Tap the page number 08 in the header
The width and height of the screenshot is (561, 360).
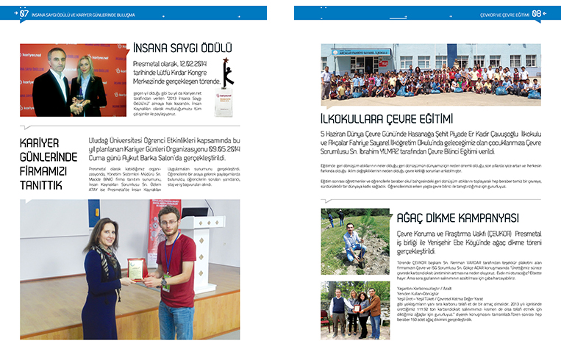point(537,13)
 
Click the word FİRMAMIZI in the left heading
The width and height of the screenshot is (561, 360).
point(45,170)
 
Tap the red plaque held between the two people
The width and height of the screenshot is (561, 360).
point(136,269)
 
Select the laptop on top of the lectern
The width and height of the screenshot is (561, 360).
point(199,220)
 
